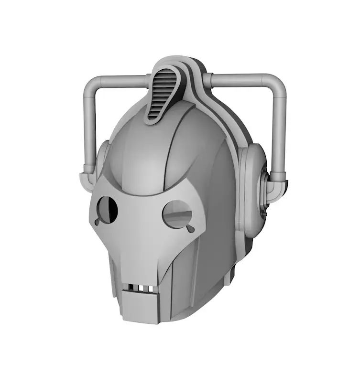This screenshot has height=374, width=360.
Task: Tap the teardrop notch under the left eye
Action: click(x=98, y=222)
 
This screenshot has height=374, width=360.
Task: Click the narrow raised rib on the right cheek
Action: click(x=200, y=267)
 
